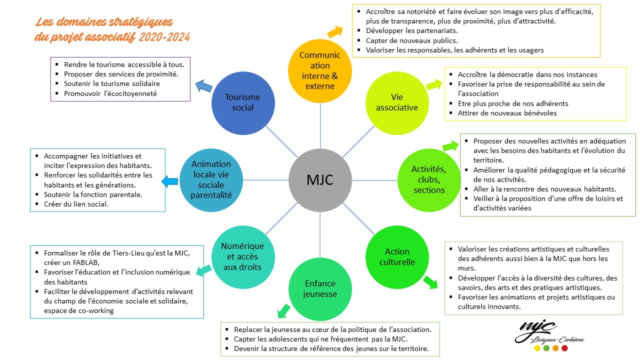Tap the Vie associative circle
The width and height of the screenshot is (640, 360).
397,102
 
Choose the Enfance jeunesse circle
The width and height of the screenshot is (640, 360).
319,289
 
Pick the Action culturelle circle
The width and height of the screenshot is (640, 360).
397,257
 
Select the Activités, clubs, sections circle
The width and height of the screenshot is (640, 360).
429,179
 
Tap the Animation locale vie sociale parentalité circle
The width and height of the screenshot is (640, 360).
211,179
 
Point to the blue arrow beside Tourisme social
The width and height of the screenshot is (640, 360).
203,86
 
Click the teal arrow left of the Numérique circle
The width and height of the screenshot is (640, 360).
202,270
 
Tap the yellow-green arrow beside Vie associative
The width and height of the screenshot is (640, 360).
434,84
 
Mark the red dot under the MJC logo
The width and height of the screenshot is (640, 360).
564,348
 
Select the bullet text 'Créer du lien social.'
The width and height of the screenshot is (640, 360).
76,204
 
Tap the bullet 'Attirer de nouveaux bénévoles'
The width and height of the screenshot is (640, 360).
507,113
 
